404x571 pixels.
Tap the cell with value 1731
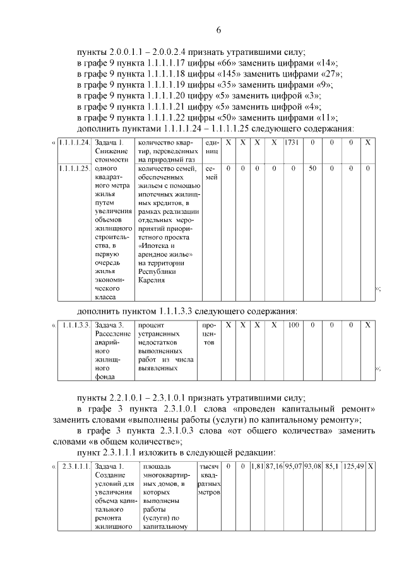click(x=292, y=143)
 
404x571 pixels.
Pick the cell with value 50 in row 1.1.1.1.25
click(x=312, y=169)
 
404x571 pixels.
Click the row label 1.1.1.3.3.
click(x=74, y=325)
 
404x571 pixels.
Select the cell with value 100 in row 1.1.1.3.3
click(x=293, y=325)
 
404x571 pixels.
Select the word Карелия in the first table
click(x=152, y=280)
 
